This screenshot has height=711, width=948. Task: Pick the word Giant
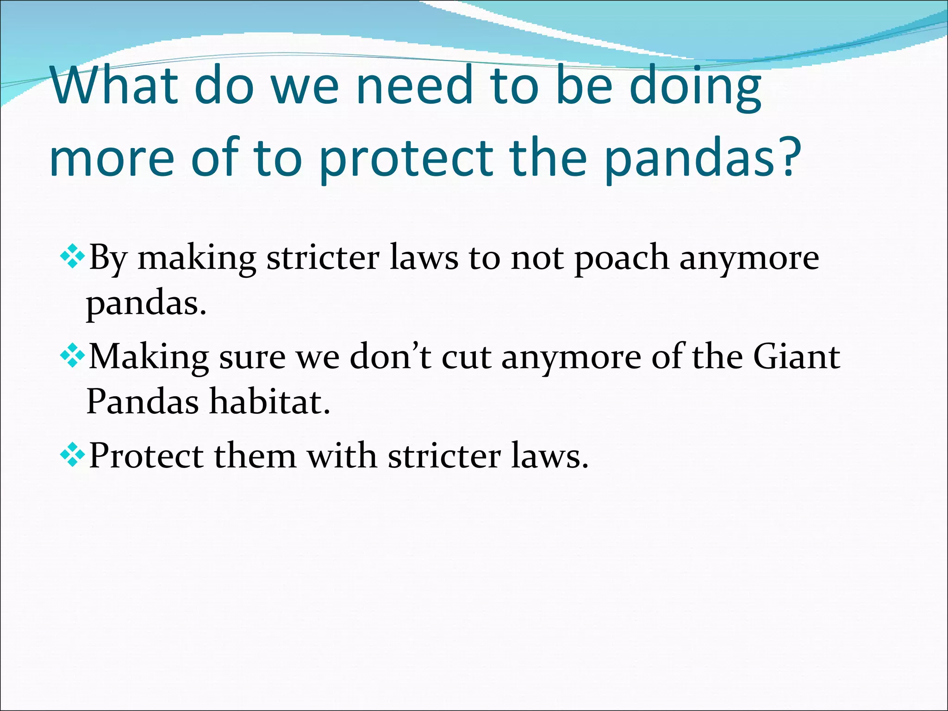(x=796, y=357)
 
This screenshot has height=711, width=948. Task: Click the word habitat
(x=269, y=401)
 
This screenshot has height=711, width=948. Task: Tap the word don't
(x=390, y=357)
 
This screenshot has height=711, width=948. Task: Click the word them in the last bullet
(x=255, y=456)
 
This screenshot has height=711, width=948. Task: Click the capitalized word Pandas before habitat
(x=142, y=401)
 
